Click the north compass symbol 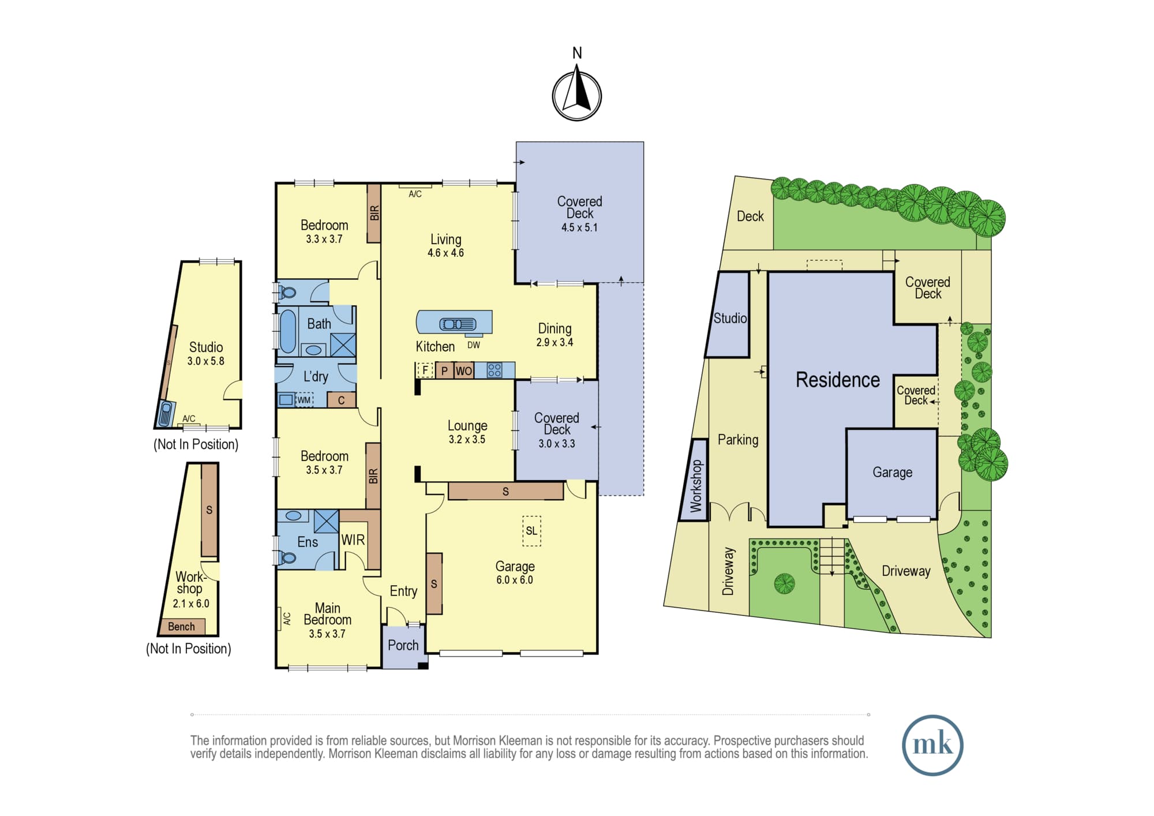click(x=577, y=95)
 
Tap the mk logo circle click(x=932, y=745)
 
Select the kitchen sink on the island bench click(x=458, y=324)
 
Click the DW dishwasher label click(x=474, y=345)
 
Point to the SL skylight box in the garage click(x=531, y=531)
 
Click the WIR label click(x=353, y=540)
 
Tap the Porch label click(x=403, y=645)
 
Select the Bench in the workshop click(x=182, y=626)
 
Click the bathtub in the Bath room click(x=287, y=331)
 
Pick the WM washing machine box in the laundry click(x=304, y=399)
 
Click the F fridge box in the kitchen click(x=425, y=370)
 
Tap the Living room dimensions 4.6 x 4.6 click(x=445, y=253)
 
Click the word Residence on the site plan click(x=838, y=380)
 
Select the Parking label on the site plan click(x=738, y=440)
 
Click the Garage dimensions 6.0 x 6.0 click(x=515, y=580)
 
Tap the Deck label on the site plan click(x=750, y=216)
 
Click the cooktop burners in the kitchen click(x=494, y=370)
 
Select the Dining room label click(x=554, y=329)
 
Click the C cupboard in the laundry click(x=341, y=400)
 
